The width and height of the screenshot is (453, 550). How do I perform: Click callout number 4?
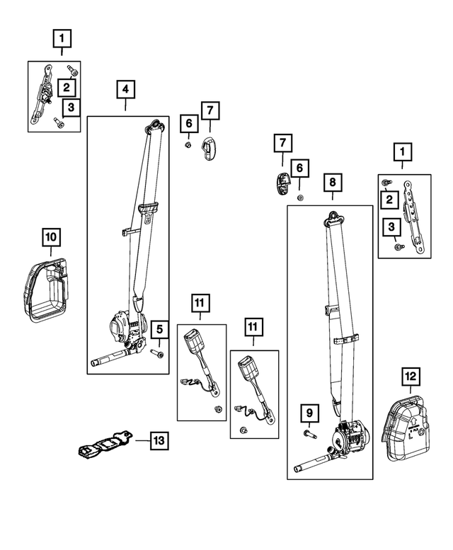(x=125, y=89)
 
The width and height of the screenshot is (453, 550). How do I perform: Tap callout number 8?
(x=331, y=182)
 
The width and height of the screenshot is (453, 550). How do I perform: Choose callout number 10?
(x=51, y=238)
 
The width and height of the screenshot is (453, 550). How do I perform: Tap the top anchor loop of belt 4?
(x=151, y=128)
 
